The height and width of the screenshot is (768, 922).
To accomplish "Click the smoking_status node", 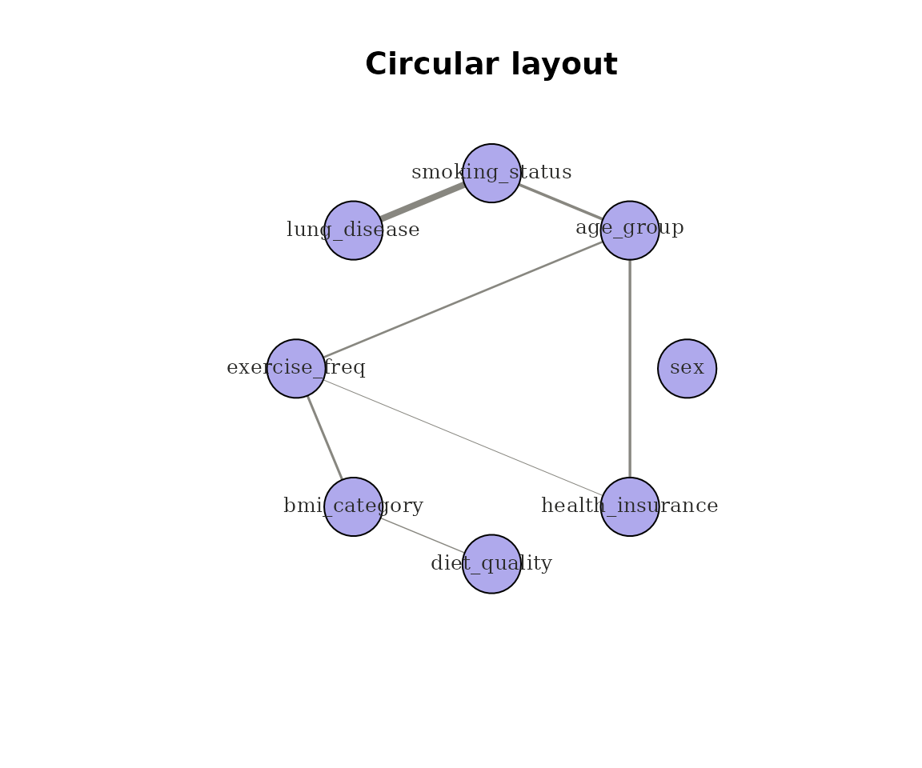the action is click(x=491, y=173).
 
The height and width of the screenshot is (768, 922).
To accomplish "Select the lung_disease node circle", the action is click(x=354, y=230).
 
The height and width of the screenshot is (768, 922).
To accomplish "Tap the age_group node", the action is click(x=630, y=230).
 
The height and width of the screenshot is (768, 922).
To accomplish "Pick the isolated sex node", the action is click(x=687, y=369).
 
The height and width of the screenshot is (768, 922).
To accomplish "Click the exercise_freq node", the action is click(x=296, y=369).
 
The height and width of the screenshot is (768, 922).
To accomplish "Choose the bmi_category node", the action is click(x=354, y=506).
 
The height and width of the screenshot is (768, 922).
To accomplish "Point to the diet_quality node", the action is click(x=491, y=564).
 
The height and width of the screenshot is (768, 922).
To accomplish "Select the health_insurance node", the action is click(x=630, y=506).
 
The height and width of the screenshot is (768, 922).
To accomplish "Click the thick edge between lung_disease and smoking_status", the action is click(x=423, y=202).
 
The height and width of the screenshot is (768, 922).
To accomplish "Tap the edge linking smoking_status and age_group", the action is click(x=560, y=202).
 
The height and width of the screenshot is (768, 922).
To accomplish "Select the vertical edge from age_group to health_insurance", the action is click(x=630, y=369).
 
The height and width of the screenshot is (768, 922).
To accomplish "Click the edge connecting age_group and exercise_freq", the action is click(x=463, y=299).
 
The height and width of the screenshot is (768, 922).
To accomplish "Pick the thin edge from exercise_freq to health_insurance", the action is click(x=463, y=438).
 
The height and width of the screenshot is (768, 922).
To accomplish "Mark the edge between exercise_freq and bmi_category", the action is click(x=325, y=438).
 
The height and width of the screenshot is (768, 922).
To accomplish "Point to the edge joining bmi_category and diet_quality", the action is click(x=423, y=535).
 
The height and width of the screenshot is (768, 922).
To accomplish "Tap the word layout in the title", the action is click(x=564, y=66).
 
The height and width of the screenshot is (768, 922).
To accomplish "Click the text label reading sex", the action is click(x=687, y=368).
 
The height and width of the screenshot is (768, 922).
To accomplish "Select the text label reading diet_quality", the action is click(x=491, y=563).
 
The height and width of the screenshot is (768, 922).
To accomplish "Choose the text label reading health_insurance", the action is click(x=630, y=506).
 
